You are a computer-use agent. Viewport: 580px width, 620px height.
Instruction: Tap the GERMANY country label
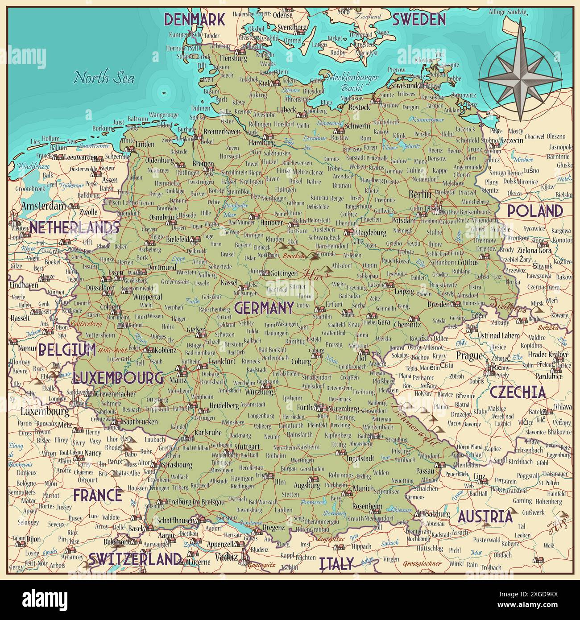click(264, 308)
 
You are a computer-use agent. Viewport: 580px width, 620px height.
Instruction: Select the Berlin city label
click(420, 194)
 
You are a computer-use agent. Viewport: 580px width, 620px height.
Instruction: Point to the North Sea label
click(104, 78)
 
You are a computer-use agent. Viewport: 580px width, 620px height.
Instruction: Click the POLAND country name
click(535, 211)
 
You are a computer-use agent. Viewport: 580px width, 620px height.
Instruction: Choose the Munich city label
click(363, 488)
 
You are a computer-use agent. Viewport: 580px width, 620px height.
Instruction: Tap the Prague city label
click(469, 355)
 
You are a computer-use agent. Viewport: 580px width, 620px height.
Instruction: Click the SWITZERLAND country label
click(135, 559)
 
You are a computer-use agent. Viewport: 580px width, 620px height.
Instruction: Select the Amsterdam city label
click(43, 206)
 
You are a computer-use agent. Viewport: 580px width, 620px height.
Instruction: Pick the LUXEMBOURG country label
click(118, 378)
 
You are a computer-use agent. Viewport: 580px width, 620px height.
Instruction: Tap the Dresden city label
click(438, 304)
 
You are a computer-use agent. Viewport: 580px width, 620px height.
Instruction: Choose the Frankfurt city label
click(221, 361)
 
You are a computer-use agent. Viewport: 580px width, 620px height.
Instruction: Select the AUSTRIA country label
click(485, 517)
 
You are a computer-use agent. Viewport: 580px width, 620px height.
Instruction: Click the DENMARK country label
click(194, 20)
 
